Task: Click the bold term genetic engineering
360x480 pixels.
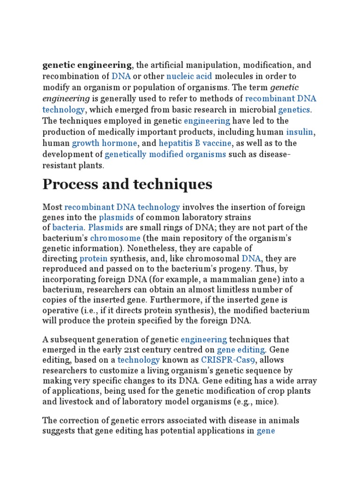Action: pyautogui.click(x=87, y=65)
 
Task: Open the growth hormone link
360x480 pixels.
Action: pyautogui.click(x=105, y=143)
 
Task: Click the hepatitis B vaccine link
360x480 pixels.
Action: pyautogui.click(x=195, y=143)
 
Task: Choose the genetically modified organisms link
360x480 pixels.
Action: pyautogui.click(x=165, y=154)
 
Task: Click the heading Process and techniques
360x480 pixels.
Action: pyautogui.click(x=127, y=185)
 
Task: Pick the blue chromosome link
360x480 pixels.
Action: pyautogui.click(x=115, y=238)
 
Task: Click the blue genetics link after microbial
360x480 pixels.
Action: pyautogui.click(x=294, y=110)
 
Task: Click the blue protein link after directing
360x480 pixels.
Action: pyautogui.click(x=93, y=259)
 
